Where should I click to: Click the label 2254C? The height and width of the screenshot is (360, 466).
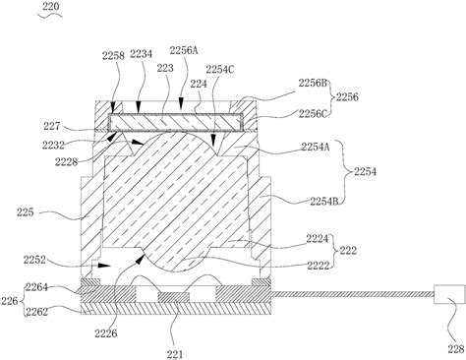218,68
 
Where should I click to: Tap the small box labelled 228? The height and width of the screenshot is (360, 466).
448,295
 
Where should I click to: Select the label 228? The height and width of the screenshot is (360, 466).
448,348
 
